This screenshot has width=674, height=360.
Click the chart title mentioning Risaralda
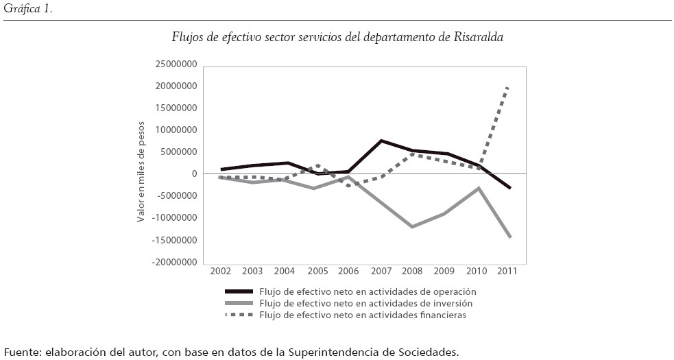click(337, 38)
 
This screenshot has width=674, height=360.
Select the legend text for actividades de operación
click(372, 291)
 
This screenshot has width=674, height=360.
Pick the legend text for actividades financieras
click(368, 315)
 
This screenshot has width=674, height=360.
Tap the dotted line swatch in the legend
click(239, 315)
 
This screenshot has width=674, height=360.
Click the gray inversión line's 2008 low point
click(412, 226)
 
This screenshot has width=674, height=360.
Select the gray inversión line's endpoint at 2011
click(510, 237)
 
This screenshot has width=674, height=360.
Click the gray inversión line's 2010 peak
click(478, 187)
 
